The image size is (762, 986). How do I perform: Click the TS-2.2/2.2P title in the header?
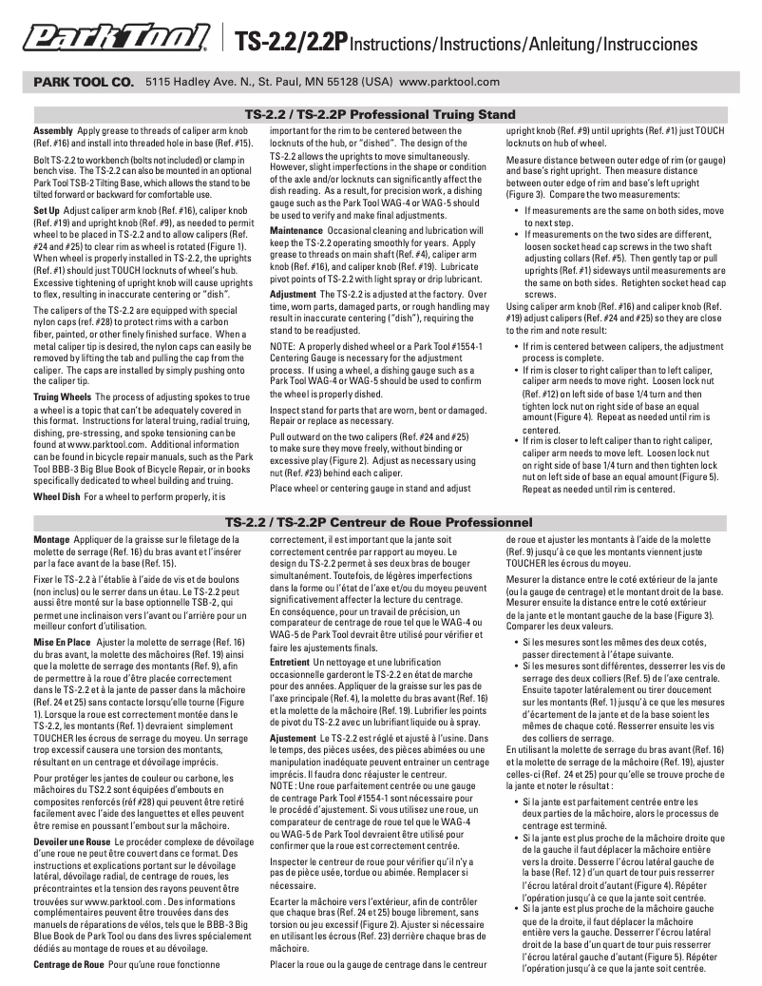point(290,43)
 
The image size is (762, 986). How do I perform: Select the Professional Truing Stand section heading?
point(380,114)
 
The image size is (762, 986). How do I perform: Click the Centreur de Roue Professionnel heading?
point(380,522)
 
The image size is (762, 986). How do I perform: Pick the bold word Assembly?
point(53,129)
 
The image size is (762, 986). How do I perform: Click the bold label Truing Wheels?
point(63,395)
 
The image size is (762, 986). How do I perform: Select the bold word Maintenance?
point(296,231)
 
